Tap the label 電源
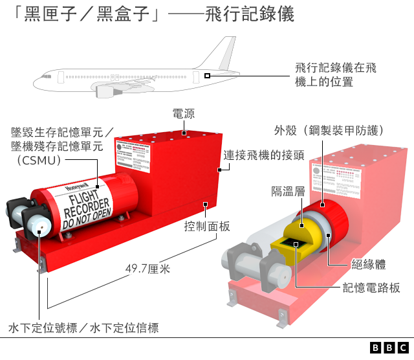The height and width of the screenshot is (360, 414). tap(183, 114)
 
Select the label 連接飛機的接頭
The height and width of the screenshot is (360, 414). tap(264, 155)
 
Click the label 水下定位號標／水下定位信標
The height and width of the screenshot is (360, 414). tap(83, 328)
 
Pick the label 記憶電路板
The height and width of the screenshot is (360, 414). tap(371, 288)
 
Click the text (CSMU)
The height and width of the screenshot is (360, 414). tap(37, 160)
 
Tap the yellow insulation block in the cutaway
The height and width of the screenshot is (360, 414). tap(298, 230)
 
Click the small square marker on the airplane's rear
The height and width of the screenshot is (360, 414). tap(207, 76)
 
